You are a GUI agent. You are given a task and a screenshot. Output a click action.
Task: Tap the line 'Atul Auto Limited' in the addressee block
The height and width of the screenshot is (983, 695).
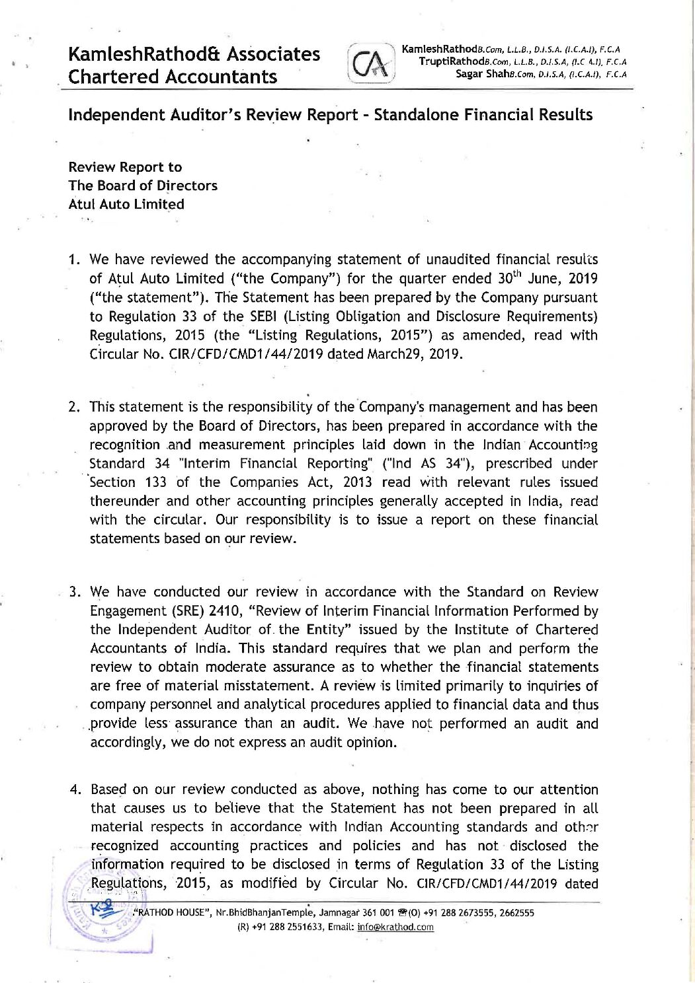[x=126, y=204]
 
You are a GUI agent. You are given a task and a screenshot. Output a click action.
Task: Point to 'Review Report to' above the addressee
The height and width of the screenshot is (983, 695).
[x=125, y=167]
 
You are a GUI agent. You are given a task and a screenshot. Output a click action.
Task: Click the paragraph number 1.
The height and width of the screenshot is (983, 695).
[x=75, y=260]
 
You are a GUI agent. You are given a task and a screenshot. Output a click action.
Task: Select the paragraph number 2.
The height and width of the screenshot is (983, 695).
[x=75, y=407]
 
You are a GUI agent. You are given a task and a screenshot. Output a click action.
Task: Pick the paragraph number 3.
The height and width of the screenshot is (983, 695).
[x=75, y=592]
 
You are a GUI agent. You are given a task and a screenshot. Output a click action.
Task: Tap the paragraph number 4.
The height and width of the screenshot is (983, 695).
[x=75, y=789]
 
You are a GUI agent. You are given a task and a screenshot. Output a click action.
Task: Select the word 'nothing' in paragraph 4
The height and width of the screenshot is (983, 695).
[x=395, y=789]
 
